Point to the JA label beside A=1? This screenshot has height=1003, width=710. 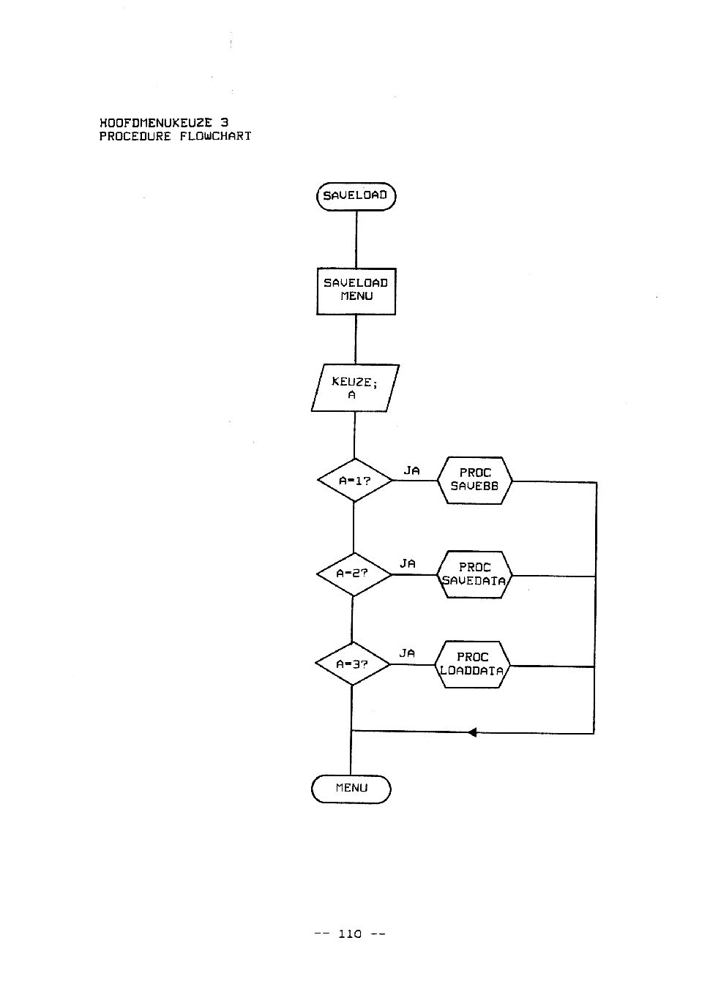pyautogui.click(x=411, y=470)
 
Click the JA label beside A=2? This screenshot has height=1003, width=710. pyautogui.click(x=408, y=563)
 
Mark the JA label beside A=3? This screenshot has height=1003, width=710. pyautogui.click(x=407, y=653)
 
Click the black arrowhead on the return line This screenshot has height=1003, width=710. pyautogui.click(x=472, y=732)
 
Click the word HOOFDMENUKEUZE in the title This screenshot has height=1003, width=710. pyautogui.click(x=156, y=122)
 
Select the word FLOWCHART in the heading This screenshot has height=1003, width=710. pyautogui.click(x=215, y=135)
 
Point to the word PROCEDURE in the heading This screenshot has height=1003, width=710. pyautogui.click(x=135, y=136)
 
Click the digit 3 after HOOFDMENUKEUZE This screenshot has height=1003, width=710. pyautogui.click(x=224, y=122)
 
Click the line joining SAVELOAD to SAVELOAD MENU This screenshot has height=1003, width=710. pyautogui.click(x=356, y=239)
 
